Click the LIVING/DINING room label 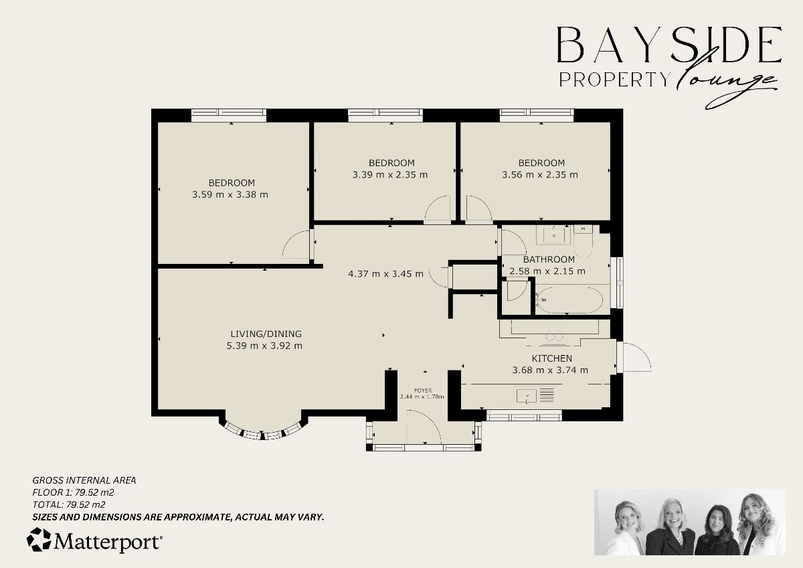266,334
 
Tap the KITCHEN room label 551,358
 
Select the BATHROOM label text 549,259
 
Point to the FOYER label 422,390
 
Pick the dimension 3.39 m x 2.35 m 390,175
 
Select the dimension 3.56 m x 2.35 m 540,175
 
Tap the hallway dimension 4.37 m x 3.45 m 385,273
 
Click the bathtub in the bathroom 570,299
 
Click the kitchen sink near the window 528,396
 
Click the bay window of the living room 264,431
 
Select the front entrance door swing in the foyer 424,427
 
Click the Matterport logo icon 39,540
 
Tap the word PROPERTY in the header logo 614,80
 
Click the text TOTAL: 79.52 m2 69,504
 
